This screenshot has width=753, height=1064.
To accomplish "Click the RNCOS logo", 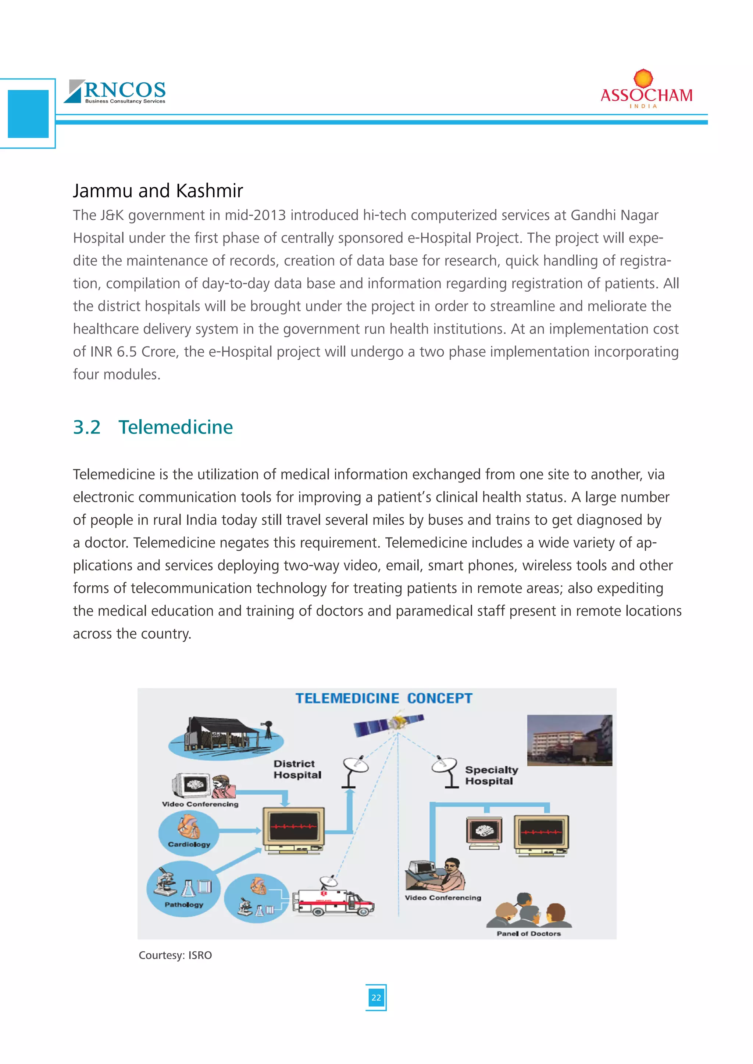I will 115,91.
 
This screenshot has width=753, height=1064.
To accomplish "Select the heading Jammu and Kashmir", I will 158,190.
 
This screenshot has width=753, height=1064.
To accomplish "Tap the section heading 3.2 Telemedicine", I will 153,427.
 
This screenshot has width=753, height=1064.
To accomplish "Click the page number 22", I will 376,997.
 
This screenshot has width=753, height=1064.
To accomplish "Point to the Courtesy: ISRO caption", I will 175,955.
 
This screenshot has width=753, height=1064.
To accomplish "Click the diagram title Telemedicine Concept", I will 384,698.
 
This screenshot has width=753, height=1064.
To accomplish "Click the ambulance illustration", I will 334,901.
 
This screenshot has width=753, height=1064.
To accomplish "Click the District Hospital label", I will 297,769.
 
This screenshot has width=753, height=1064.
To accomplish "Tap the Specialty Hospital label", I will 492,775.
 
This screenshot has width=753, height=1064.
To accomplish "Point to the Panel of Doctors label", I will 529,933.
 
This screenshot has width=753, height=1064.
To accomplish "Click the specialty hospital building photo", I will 570,740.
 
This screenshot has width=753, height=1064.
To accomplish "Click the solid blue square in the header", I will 28,114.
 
